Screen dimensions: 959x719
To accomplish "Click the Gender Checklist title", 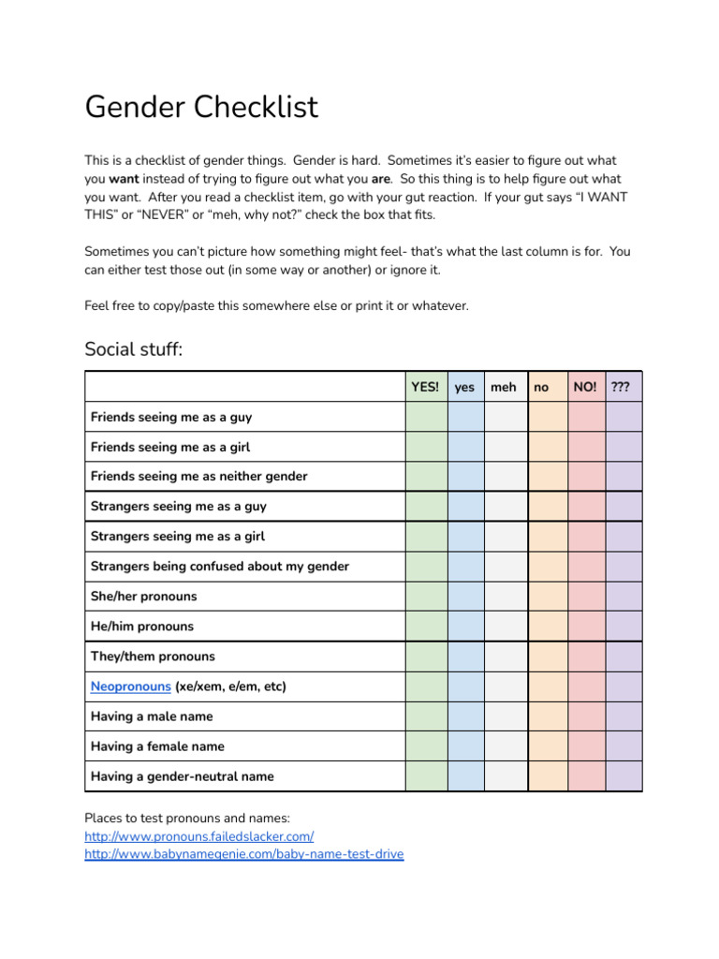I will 201,107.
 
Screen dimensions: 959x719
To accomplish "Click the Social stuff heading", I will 134,349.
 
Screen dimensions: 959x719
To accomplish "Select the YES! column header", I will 425,387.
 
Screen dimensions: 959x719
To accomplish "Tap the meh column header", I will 503,387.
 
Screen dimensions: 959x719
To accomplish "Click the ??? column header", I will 620,387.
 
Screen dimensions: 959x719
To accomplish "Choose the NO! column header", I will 585,387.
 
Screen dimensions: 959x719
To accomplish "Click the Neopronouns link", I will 130,686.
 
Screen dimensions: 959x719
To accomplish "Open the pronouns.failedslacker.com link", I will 198,836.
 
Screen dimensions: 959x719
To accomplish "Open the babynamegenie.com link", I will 243,855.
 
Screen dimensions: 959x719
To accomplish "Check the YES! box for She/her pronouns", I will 426,597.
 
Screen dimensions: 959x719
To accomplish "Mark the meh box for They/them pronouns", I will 506,657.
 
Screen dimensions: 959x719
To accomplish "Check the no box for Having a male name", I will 548,716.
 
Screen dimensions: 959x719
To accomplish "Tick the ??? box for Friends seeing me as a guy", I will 624,417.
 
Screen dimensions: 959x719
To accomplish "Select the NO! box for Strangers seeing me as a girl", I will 586,537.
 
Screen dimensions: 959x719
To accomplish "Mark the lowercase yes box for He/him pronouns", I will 465,627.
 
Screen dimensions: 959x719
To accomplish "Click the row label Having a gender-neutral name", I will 182,776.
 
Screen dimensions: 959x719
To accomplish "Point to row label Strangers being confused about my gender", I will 219,567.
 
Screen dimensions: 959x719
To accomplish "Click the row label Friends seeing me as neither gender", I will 198,477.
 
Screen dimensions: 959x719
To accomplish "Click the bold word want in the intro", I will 124,179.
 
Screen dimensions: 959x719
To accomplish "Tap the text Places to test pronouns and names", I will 187,819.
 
